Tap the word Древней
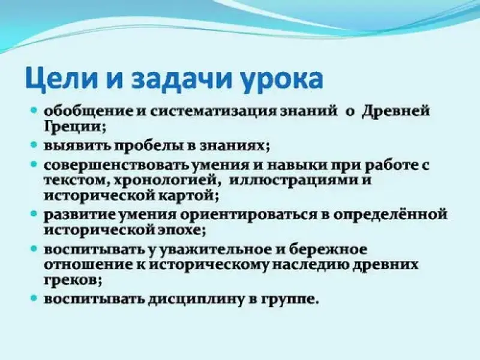(396, 111)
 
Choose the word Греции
(74, 126)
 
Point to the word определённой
(390, 214)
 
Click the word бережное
(328, 249)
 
